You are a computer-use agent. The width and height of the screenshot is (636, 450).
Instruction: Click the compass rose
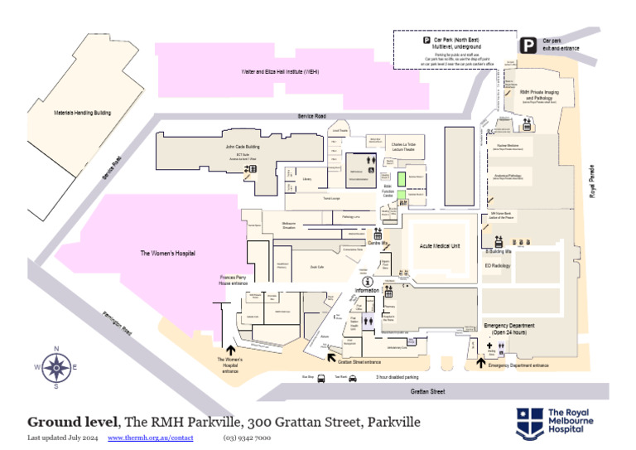coord(55,366)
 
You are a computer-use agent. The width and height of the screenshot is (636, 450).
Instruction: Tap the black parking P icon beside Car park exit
coord(528,46)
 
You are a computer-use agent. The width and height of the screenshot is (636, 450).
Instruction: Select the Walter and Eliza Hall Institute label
coord(280,72)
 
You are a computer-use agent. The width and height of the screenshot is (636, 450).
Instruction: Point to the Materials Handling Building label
coord(82,113)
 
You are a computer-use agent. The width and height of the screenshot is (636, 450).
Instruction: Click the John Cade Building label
coord(243,147)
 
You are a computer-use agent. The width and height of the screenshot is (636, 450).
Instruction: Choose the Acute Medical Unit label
coord(440,246)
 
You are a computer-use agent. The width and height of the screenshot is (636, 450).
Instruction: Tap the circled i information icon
coord(367,282)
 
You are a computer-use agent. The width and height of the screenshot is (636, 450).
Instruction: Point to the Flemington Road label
coord(117,323)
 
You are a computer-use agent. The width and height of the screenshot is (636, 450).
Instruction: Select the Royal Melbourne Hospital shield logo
coord(530,422)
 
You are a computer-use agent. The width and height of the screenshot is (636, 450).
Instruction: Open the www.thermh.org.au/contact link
coord(150,437)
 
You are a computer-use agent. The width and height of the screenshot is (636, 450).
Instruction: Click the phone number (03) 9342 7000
coord(246,437)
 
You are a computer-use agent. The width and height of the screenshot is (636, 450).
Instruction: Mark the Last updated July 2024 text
coord(63,437)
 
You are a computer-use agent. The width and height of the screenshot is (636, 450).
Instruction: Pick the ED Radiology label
coord(497,266)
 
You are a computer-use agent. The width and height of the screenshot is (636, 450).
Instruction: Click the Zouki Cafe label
coord(316,267)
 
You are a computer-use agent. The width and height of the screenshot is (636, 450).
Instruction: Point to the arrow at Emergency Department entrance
coord(480,362)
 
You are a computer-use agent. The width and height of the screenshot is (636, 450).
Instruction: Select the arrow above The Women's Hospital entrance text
coord(229,350)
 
